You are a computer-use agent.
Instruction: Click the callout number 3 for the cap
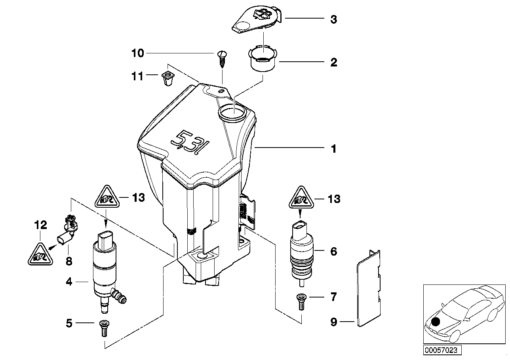pos(333,19)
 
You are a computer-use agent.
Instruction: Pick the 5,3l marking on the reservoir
pos(190,142)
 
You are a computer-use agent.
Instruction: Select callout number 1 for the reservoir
pos(333,149)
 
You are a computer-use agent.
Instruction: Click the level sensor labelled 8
pos(68,233)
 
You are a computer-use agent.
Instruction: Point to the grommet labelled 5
pos(104,328)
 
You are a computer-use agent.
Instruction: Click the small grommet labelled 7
pos(301,302)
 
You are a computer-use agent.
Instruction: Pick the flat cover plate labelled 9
pos(368,288)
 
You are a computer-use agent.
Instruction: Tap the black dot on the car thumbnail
pos(436,322)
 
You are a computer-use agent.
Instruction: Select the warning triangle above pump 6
pos(301,197)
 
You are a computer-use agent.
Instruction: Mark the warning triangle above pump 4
pos(107,197)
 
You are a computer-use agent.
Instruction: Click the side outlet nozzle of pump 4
pos(119,296)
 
